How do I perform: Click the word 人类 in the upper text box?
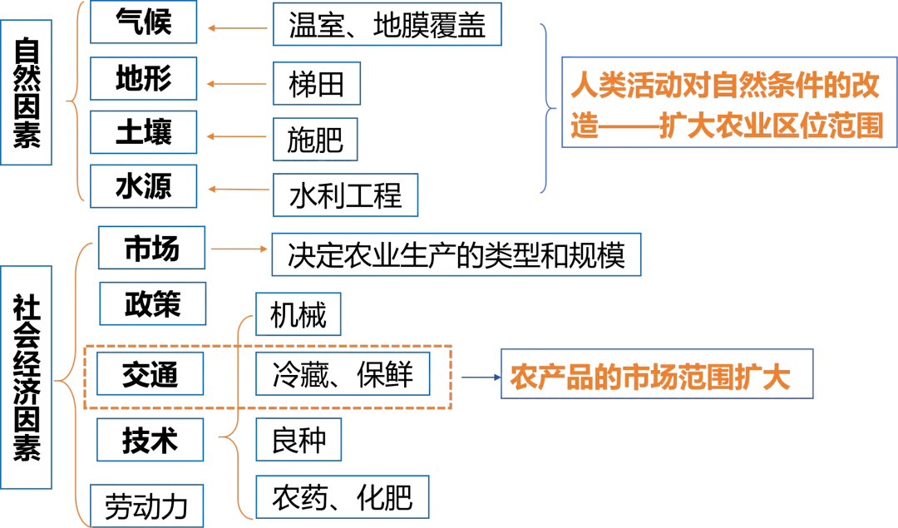point(594,87)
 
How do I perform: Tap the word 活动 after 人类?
point(649,87)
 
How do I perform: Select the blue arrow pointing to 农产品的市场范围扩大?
point(477,377)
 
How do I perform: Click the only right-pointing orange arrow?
point(237,249)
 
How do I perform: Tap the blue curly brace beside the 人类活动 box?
point(546,108)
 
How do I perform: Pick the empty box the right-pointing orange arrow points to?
point(456,255)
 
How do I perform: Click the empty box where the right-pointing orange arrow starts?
point(150,248)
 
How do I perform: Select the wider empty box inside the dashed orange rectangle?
point(343,374)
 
